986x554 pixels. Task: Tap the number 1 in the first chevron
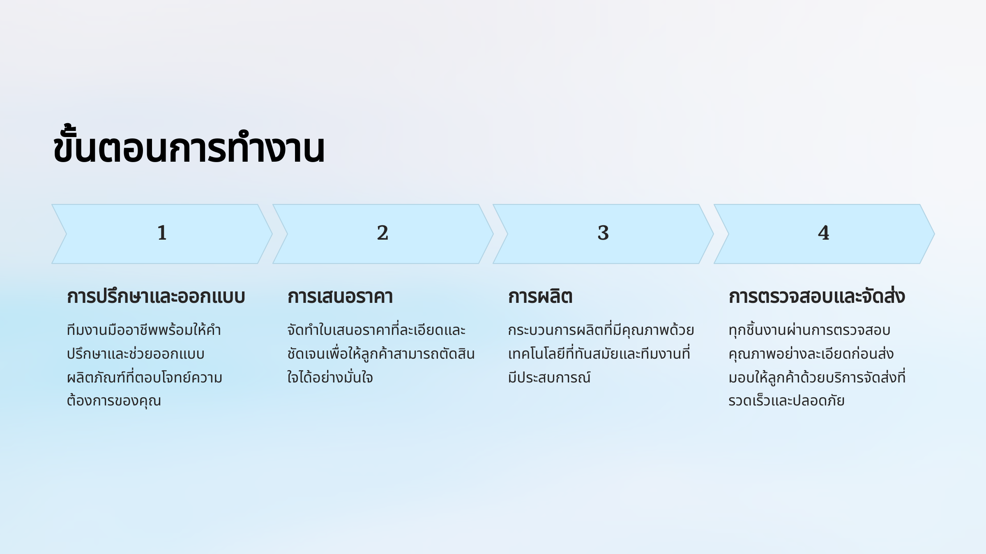[x=162, y=233]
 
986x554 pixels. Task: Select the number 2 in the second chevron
[x=382, y=233]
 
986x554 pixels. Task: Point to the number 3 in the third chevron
[x=603, y=233]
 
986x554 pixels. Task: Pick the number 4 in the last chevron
[x=824, y=233]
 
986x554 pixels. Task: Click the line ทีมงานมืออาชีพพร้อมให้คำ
[x=144, y=330]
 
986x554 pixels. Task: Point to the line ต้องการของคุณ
[x=114, y=401]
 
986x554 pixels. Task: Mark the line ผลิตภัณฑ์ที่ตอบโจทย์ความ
[x=145, y=377]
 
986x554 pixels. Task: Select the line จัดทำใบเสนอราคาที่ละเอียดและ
[x=376, y=330]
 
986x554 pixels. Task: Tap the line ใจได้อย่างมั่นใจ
[x=330, y=377]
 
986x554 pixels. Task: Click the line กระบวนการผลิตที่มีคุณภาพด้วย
[x=601, y=330]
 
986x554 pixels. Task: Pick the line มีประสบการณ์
[x=549, y=377]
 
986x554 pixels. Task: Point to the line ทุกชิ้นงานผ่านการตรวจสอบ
[x=809, y=330]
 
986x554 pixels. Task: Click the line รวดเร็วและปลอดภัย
[x=786, y=401]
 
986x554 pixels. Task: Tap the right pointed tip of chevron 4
[x=935, y=234]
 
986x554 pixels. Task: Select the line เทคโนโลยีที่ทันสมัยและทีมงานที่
[x=599, y=354]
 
